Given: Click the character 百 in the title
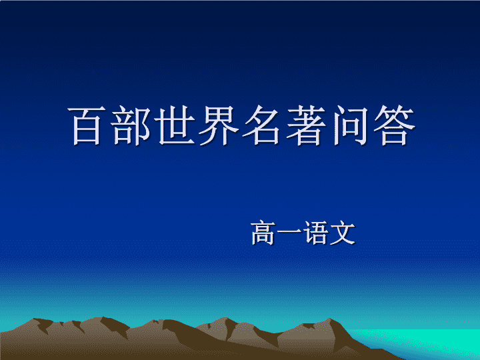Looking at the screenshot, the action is pyautogui.click(x=87, y=125).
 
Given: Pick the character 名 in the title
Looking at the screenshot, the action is pyautogui.click(x=262, y=125).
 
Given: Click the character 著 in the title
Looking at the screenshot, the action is pyautogui.click(x=306, y=125).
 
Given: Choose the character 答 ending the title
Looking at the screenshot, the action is pyautogui.click(x=394, y=125).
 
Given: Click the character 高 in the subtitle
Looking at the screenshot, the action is pyautogui.click(x=263, y=233).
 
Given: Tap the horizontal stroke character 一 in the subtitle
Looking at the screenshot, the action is pyautogui.click(x=289, y=233).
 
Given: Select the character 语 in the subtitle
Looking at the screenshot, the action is pyautogui.click(x=315, y=233).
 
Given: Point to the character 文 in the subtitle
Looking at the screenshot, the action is pyautogui.click(x=342, y=233).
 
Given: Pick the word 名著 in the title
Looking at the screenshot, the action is pyautogui.click(x=285, y=125).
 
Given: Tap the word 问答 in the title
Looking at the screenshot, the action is pyautogui.click(x=374, y=125).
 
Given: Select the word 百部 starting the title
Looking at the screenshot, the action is pyautogui.click(x=109, y=125).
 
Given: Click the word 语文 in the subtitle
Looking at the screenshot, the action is pyautogui.click(x=329, y=233).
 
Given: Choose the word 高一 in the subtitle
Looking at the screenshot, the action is pyautogui.click(x=276, y=233).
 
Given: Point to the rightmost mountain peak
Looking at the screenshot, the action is pyautogui.click(x=330, y=320).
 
